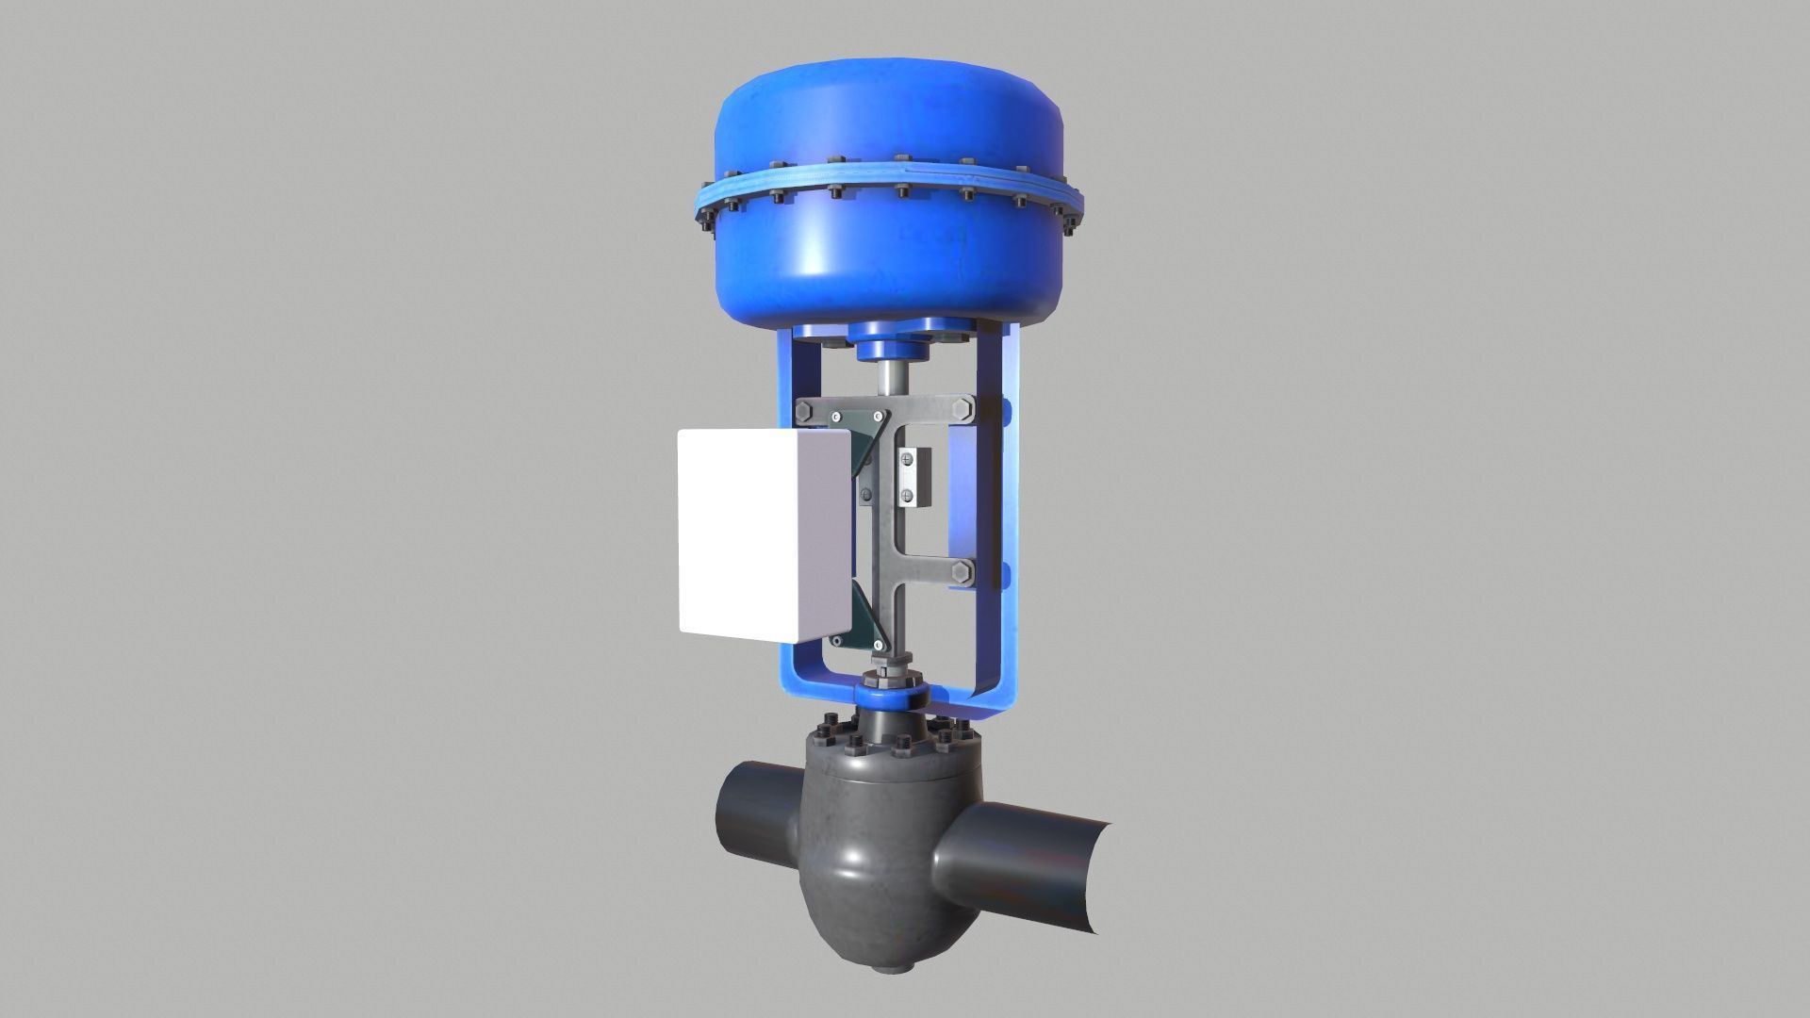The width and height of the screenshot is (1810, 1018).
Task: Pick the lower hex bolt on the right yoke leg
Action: pyautogui.click(x=962, y=572)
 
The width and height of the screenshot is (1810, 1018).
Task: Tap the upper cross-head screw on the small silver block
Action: pyautogui.click(x=906, y=459)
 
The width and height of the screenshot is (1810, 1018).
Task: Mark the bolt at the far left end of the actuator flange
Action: pyautogui.click(x=704, y=221)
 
